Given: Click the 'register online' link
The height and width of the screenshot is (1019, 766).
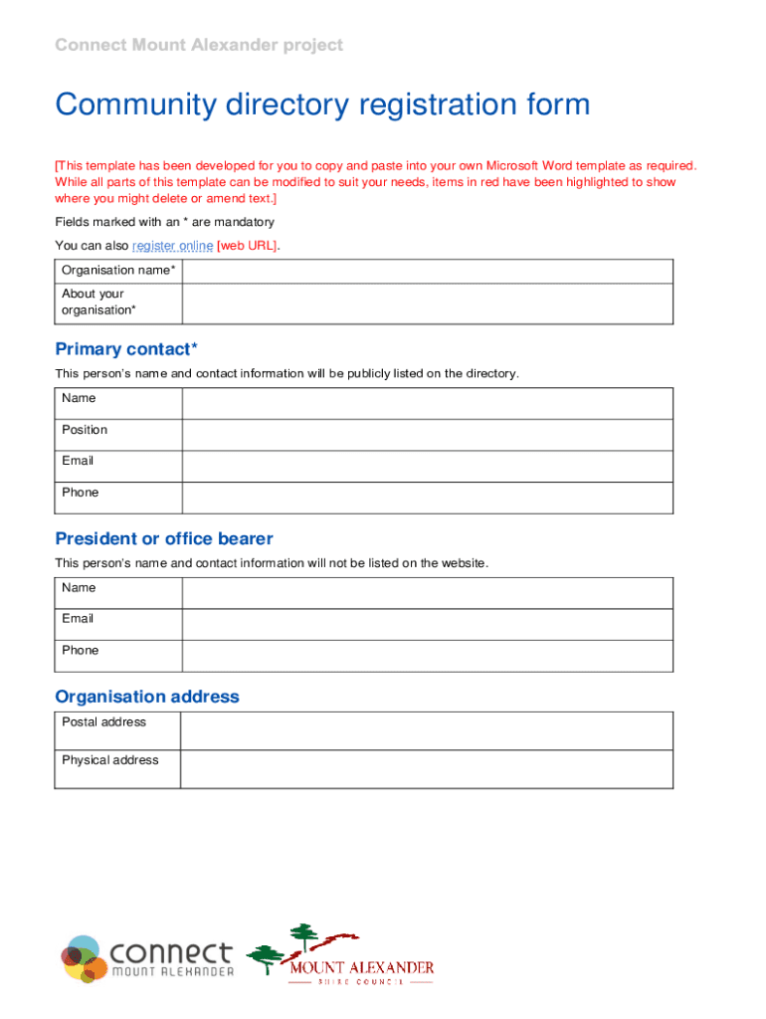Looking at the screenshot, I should click(172, 246).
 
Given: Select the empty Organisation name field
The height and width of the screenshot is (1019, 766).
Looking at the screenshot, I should click(427, 271).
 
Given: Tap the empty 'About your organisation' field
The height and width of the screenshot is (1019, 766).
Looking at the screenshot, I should click(427, 303).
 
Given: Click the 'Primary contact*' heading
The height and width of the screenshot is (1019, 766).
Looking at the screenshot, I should click(126, 349).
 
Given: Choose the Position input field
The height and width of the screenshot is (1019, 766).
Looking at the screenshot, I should click(427, 435).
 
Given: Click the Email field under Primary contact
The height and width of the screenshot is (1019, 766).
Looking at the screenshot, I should click(427, 467).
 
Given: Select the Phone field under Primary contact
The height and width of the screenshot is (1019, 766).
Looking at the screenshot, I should click(427, 498).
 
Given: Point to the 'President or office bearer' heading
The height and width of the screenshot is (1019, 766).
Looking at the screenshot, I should click(164, 539).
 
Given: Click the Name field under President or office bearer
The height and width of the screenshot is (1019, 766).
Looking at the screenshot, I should click(427, 593).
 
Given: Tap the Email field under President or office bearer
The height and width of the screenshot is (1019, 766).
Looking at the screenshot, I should click(427, 624).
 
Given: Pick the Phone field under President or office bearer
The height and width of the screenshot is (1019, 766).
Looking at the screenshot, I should click(427, 656).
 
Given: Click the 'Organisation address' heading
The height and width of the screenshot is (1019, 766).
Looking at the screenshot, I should click(147, 697).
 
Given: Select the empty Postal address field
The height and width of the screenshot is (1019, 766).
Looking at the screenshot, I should click(427, 730).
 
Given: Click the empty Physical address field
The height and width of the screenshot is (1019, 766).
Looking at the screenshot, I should click(427, 769).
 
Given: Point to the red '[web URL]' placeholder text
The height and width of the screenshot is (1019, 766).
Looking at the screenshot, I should click(248, 246).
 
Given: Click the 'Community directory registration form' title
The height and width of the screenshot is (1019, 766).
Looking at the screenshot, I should click(322, 104).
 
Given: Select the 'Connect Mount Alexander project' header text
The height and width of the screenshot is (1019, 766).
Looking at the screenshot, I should click(199, 45).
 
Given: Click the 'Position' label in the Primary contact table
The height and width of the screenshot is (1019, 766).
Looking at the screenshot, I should click(85, 430).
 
